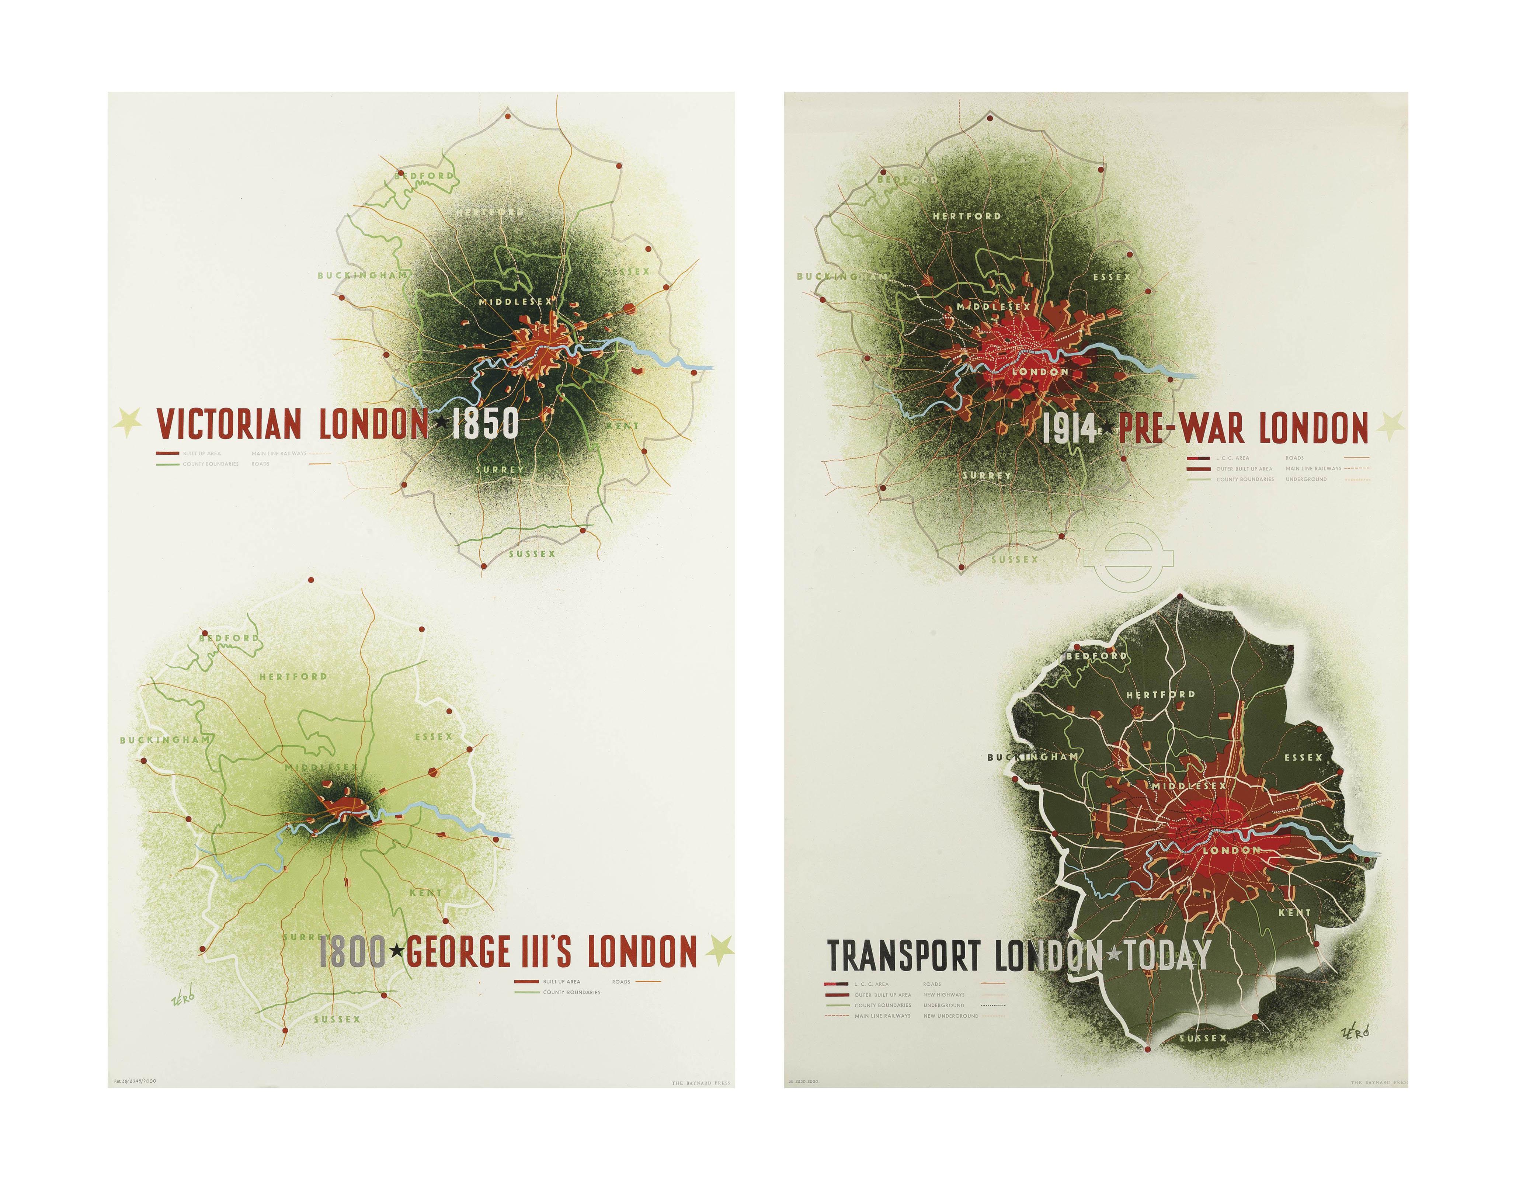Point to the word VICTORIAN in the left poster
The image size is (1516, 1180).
229,423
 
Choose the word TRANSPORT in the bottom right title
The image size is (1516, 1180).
904,957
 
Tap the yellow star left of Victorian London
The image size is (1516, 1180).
128,422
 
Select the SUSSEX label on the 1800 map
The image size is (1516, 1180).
337,1019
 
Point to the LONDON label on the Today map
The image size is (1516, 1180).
1231,850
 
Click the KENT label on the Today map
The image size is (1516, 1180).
1294,913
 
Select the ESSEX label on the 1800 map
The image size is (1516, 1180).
433,736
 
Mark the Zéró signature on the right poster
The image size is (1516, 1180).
1356,1031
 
